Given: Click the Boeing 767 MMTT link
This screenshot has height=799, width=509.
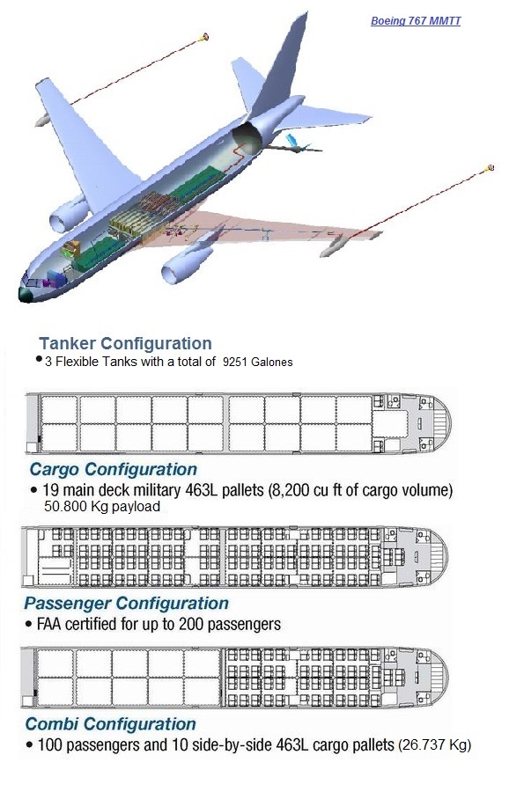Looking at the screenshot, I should coord(415,20).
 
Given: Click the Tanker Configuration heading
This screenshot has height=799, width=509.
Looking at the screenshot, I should coord(125,343).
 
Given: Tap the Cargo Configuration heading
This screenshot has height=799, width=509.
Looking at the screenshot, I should coord(113,469).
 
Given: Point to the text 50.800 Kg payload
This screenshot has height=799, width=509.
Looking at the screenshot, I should coord(101,507).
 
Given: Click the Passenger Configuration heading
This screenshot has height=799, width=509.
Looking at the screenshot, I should coord(126,604).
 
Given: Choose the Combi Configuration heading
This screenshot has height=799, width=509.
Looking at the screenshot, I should coord(110,724).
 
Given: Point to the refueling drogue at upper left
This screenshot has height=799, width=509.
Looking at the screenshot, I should coord(205,37).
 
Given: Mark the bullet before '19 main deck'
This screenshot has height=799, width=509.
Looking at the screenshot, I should coord(33,489).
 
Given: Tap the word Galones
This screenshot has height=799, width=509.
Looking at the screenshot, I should coord(273,362).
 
